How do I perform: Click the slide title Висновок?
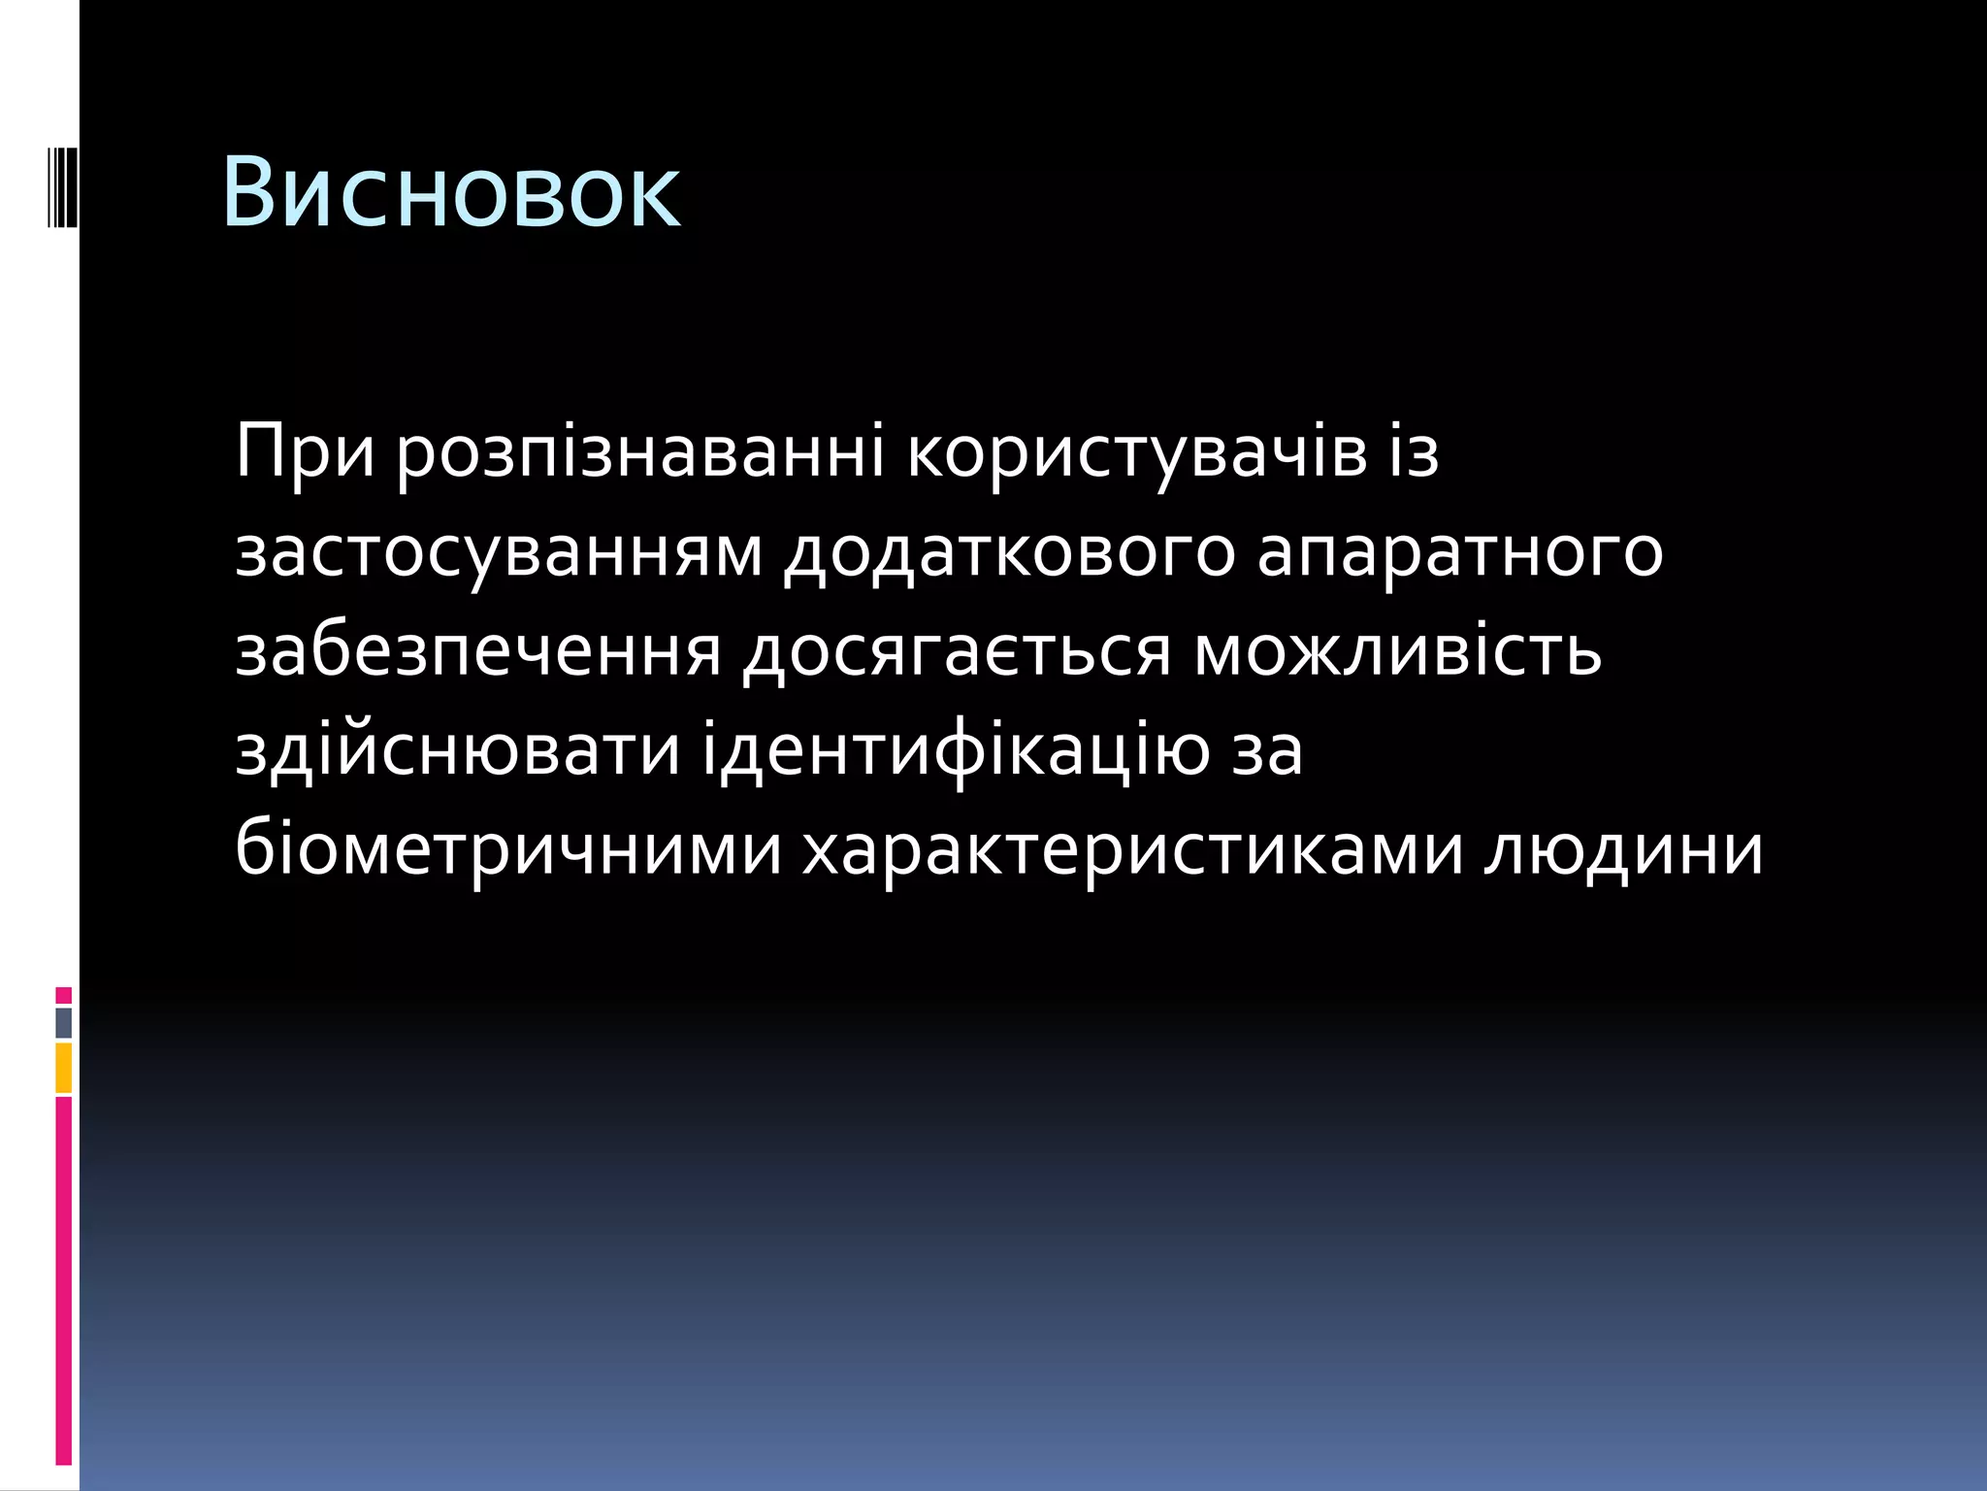coord(451,192)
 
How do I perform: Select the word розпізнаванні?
coord(640,452)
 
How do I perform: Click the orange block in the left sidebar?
coord(64,1068)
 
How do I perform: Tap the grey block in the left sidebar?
coord(64,1023)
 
